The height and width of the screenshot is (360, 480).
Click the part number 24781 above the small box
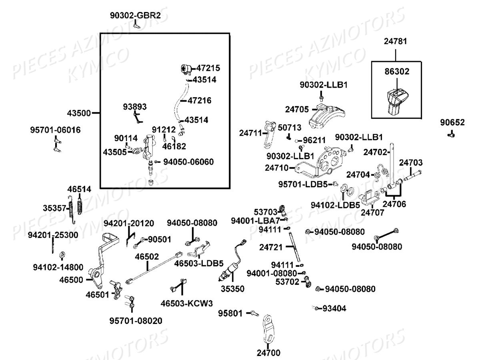click(395, 41)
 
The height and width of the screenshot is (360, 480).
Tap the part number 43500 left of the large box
click(79, 113)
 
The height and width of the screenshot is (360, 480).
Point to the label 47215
click(208, 68)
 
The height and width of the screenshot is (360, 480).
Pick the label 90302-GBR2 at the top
click(135, 15)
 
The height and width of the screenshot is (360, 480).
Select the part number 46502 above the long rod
click(147, 257)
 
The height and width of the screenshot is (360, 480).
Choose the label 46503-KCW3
click(186, 303)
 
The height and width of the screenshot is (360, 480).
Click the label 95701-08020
click(136, 321)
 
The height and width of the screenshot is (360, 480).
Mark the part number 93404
click(334, 308)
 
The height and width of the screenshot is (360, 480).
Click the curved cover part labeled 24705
click(327, 117)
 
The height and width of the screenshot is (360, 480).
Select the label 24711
click(250, 133)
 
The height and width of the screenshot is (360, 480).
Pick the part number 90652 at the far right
click(452, 122)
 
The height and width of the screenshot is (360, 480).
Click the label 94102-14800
click(58, 267)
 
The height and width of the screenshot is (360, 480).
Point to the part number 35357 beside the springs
click(54, 208)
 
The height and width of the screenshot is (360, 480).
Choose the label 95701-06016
click(55, 130)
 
